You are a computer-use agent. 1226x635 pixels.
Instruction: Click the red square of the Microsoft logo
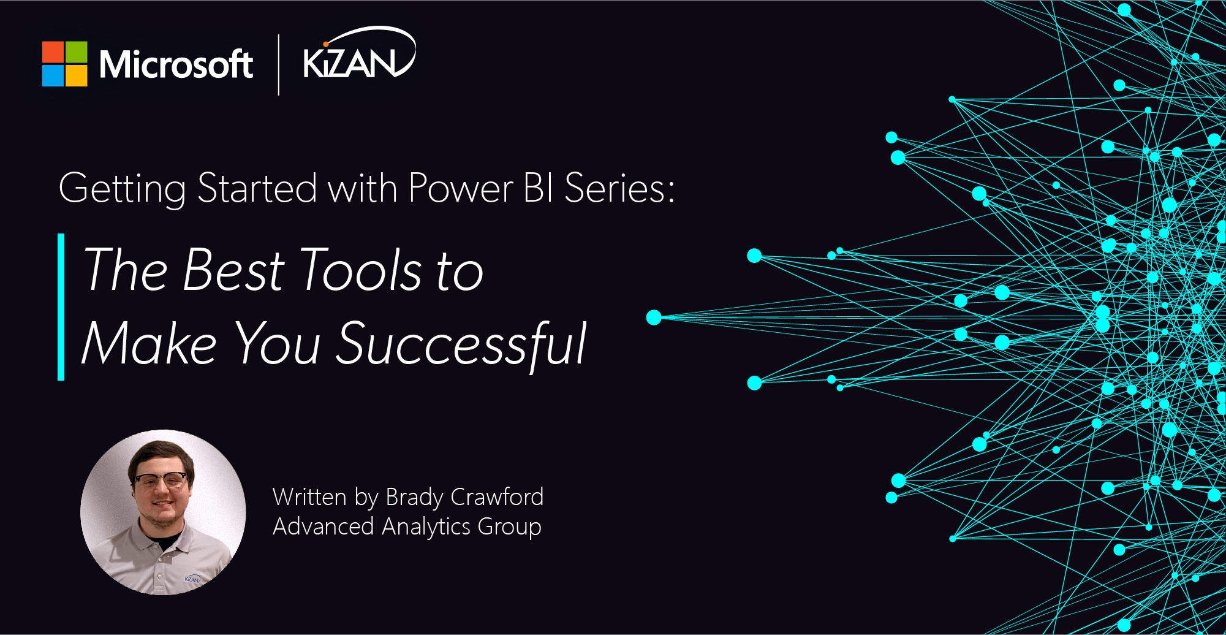pyautogui.click(x=53, y=52)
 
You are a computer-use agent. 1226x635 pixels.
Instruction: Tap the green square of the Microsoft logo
pyautogui.click(x=77, y=52)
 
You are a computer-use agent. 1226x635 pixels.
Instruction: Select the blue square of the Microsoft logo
pyautogui.click(x=53, y=75)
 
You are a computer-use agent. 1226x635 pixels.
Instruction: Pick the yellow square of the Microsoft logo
pyautogui.click(x=77, y=75)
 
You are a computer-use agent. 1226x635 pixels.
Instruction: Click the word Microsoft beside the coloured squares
pyautogui.click(x=176, y=64)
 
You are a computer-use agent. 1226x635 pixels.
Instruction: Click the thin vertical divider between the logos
pyautogui.click(x=279, y=64)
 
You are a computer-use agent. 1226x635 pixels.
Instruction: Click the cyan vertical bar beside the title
pyautogui.click(x=61, y=307)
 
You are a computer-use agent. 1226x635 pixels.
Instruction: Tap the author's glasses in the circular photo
pyautogui.click(x=161, y=480)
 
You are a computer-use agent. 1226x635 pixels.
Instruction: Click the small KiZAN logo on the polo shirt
pyautogui.click(x=192, y=579)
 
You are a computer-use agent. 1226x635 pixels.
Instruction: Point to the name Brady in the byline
pyautogui.click(x=415, y=498)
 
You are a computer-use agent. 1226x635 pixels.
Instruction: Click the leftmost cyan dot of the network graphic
pyautogui.click(x=654, y=317)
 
